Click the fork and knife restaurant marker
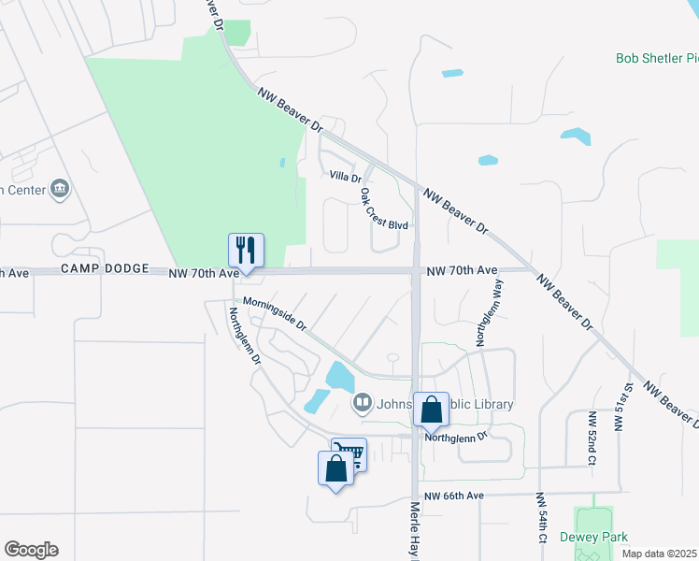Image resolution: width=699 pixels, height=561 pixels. pos(246,251)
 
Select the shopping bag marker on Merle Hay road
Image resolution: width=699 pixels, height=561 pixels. pos(431,410)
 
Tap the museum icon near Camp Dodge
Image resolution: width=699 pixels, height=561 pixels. pos(61,189)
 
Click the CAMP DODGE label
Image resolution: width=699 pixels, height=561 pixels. pos(105,268)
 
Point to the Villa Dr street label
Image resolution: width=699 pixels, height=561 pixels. pos(345,176)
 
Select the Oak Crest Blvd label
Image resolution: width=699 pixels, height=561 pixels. pos(384,210)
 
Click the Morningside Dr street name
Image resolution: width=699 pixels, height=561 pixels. pos(275,314)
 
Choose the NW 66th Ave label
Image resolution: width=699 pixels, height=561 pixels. pos(453,496)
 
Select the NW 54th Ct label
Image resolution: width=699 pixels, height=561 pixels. pos(541,519)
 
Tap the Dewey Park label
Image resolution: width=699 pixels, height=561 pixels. pos(593,537)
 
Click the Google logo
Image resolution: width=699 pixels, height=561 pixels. pos(31,550)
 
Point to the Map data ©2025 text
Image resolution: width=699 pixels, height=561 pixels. pos(659,554)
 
